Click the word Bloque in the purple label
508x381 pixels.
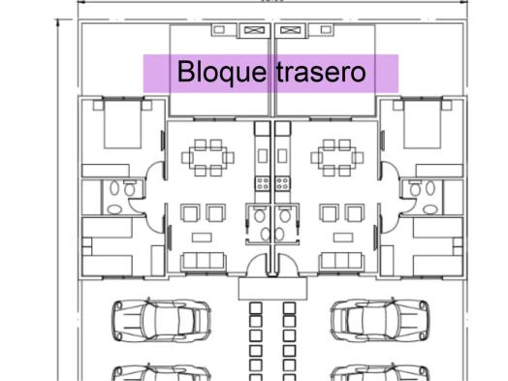pos(222,73)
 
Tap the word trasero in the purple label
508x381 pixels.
pos(321,72)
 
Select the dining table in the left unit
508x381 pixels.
pos(208,158)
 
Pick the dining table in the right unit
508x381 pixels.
pos(337,158)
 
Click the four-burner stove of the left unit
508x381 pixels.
pos(263,183)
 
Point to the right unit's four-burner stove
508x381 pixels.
pos(282,183)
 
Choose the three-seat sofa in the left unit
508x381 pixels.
pos(205,262)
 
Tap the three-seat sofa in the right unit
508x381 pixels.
pos(341,262)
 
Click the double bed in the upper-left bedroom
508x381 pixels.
pos(122,124)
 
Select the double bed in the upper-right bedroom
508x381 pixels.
pos(423,124)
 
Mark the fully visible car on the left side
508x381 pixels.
pos(161,321)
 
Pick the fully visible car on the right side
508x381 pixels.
pos(380,321)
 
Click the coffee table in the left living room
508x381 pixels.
pos(202,238)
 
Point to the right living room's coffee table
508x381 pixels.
pos(343,238)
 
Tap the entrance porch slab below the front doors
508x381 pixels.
pos(272,288)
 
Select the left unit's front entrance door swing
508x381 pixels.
pos(258,265)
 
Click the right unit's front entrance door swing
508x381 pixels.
pos(287,265)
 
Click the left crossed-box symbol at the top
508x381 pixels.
pos(254,30)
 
